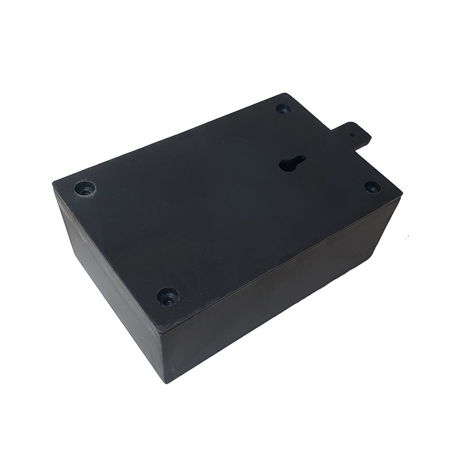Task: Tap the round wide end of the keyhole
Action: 288,166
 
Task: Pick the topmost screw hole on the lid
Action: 283,108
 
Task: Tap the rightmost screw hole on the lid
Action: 372,187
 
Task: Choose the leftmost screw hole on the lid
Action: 85,188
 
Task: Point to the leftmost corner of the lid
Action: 54,183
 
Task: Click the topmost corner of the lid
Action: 285,94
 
